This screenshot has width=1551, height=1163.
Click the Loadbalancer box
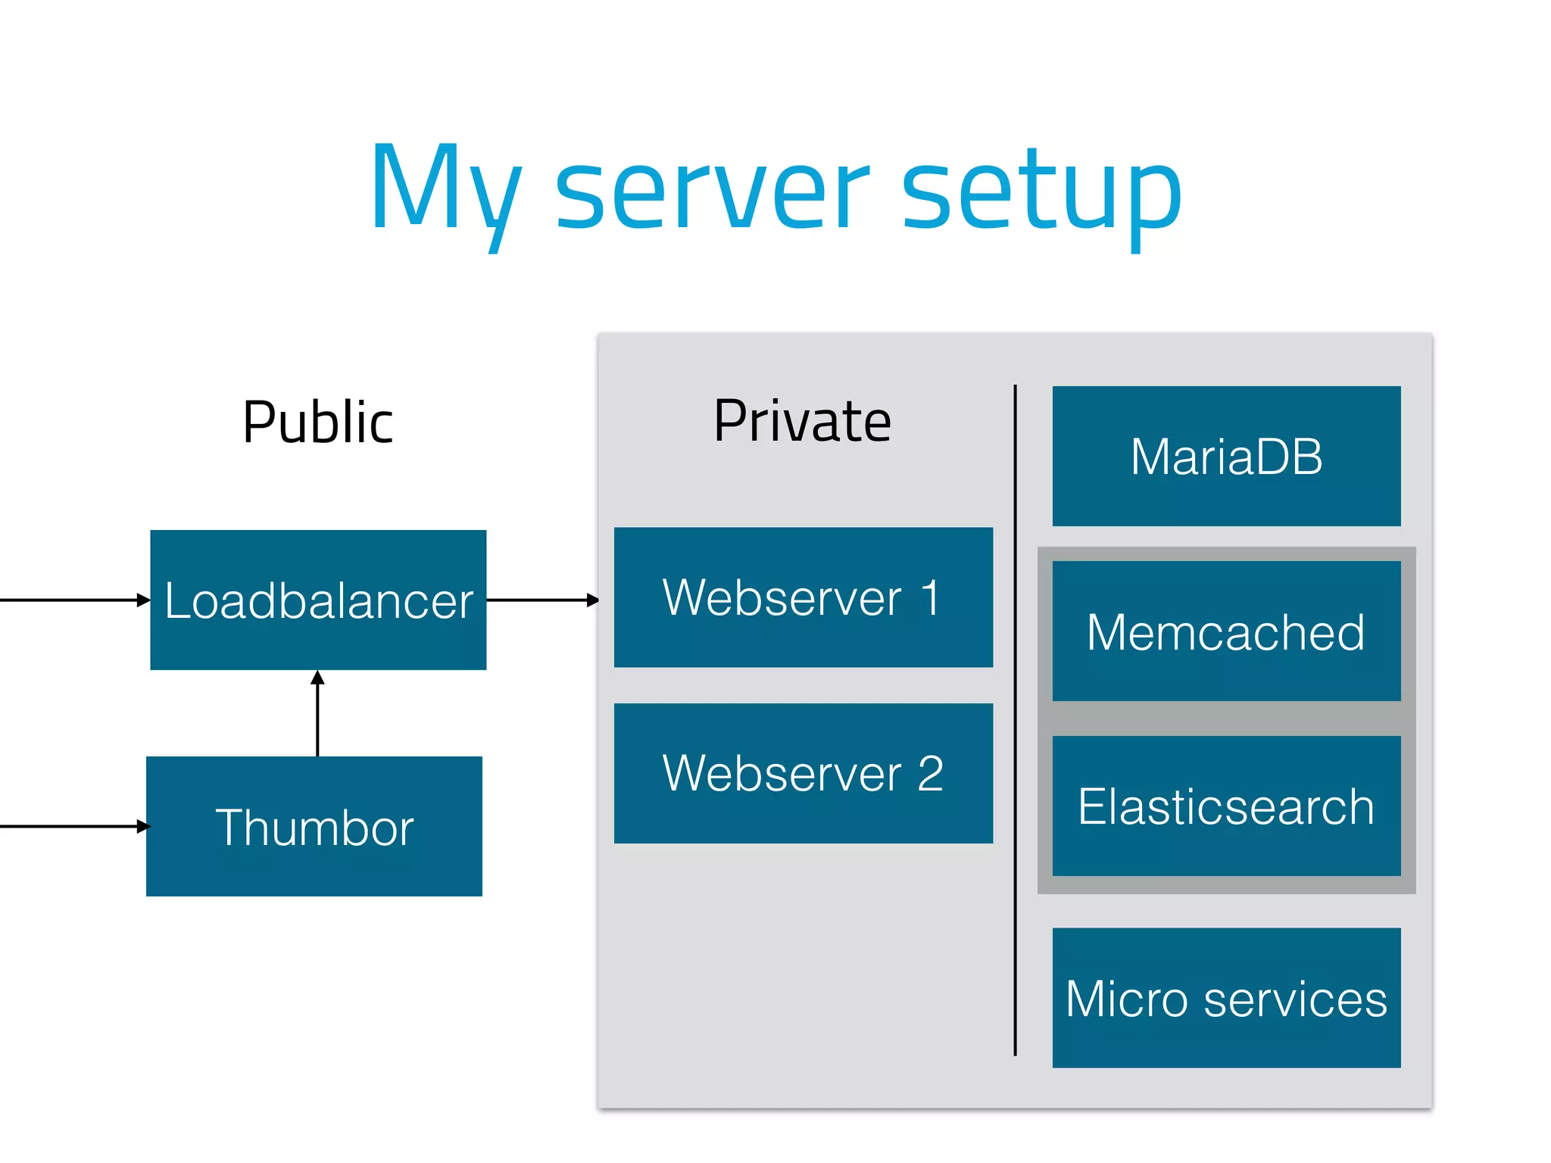point(318,600)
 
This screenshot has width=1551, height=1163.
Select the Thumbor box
point(314,826)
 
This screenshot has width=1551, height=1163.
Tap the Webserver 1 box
point(803,597)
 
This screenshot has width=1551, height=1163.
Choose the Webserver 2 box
point(803,773)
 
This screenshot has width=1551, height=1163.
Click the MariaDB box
point(1226,456)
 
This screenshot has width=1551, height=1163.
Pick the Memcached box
point(1226,631)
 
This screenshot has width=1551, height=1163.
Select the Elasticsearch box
point(1226,806)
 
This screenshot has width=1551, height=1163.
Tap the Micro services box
point(1226,998)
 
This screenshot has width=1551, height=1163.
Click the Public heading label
point(318,422)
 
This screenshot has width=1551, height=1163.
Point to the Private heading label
point(802,420)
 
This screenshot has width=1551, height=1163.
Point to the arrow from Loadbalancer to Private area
point(541,600)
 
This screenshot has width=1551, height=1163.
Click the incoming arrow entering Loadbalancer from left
point(72,600)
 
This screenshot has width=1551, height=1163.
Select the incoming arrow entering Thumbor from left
point(72,826)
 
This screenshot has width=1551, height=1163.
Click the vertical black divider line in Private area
point(1015,719)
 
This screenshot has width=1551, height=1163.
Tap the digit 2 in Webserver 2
point(930,774)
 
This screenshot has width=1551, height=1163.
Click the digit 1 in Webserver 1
point(931,597)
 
